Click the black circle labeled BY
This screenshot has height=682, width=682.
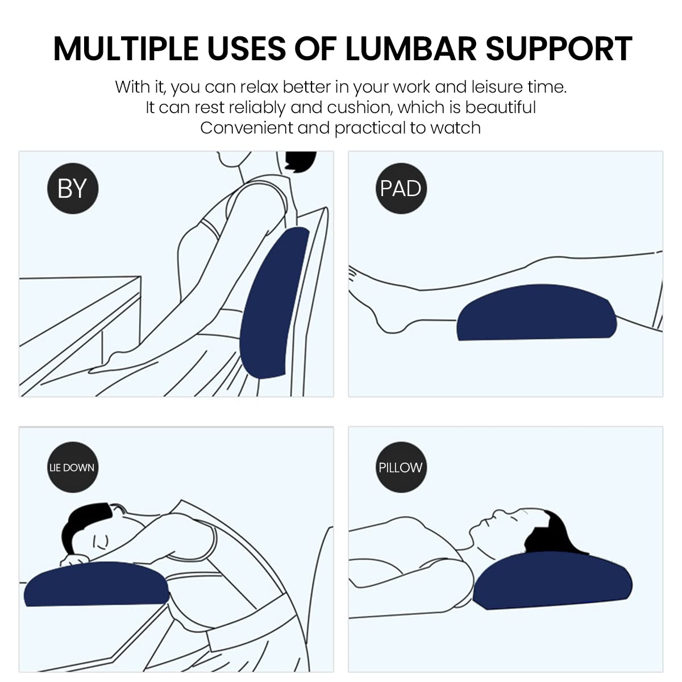[x=73, y=188]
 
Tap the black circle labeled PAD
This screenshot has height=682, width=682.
[x=401, y=188]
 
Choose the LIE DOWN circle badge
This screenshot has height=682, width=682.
[x=73, y=467]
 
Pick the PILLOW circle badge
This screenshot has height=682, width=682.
[x=401, y=467]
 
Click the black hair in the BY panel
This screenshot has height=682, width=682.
[x=300, y=161]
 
